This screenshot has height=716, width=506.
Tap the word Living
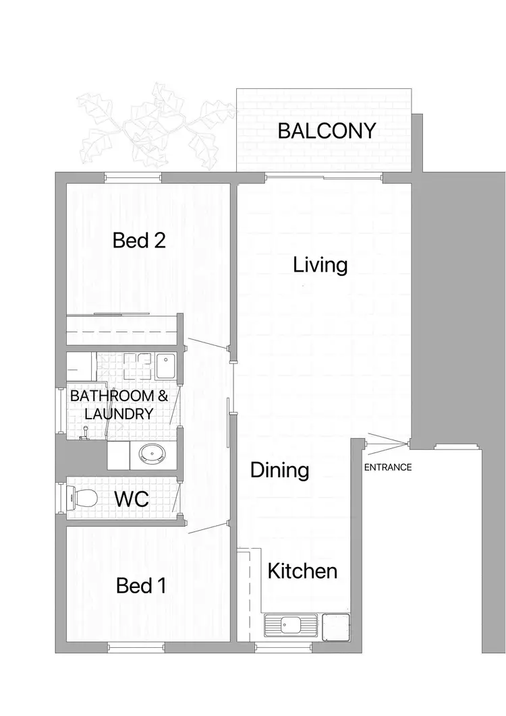click(320, 265)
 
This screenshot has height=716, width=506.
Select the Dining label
click(279, 470)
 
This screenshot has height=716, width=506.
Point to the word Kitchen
click(302, 572)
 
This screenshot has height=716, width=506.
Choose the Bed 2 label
click(139, 240)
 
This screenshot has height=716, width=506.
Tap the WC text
click(132, 500)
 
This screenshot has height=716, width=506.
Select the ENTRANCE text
click(388, 467)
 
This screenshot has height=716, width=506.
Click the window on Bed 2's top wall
click(132, 177)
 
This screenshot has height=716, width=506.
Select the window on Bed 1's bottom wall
click(136, 647)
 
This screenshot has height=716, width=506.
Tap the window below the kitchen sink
click(276, 647)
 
